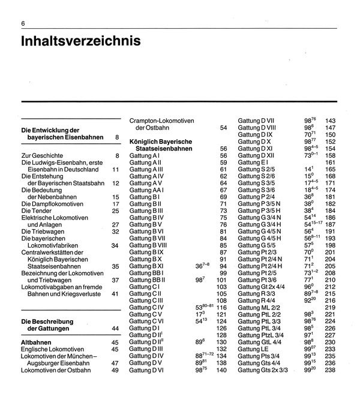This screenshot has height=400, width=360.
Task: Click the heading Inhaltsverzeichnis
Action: pyautogui.click(x=81, y=43)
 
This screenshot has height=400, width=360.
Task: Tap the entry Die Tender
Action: pyautogui.click(x=35, y=211)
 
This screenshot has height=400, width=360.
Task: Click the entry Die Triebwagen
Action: pyautogui.click(x=41, y=231)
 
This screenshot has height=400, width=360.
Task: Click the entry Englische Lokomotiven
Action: pyautogui.click(x=55, y=349)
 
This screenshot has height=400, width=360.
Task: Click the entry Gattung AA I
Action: pyautogui.click(x=147, y=190)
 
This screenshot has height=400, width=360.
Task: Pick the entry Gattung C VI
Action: pyautogui.click(x=146, y=321)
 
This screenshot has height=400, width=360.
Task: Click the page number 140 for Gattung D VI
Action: pyautogui.click(x=222, y=371)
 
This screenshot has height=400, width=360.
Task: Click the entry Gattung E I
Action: pyautogui.click(x=253, y=162)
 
